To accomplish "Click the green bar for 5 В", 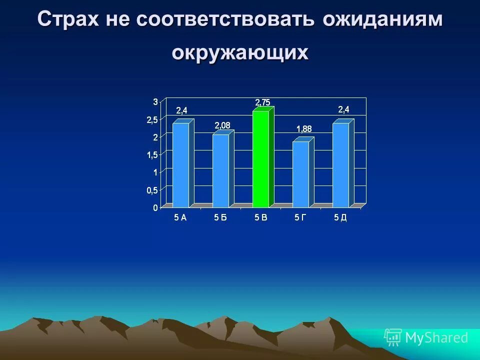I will point(260,159).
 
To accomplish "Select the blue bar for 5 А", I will point(180,165).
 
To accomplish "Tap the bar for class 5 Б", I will point(220,170).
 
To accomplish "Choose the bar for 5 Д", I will point(340,165).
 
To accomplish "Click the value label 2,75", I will point(262,102).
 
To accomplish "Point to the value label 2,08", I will point(222,125).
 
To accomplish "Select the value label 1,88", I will point(303,129).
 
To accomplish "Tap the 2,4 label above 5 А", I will point(181,110).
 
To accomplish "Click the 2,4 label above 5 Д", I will point(343,109).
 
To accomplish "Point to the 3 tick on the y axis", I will point(155,101).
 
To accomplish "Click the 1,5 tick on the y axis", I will point(152,155).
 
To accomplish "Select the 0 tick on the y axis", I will point(155,207).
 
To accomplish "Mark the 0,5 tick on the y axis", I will point(152,190).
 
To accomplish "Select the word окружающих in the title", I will point(240,52).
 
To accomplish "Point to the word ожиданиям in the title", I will point(382,20).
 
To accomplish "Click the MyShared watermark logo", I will point(426,337).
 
